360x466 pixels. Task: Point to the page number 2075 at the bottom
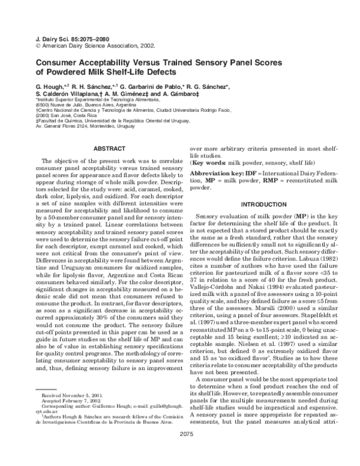click(x=179, y=449)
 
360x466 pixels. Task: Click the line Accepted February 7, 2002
click(x=70, y=403)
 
